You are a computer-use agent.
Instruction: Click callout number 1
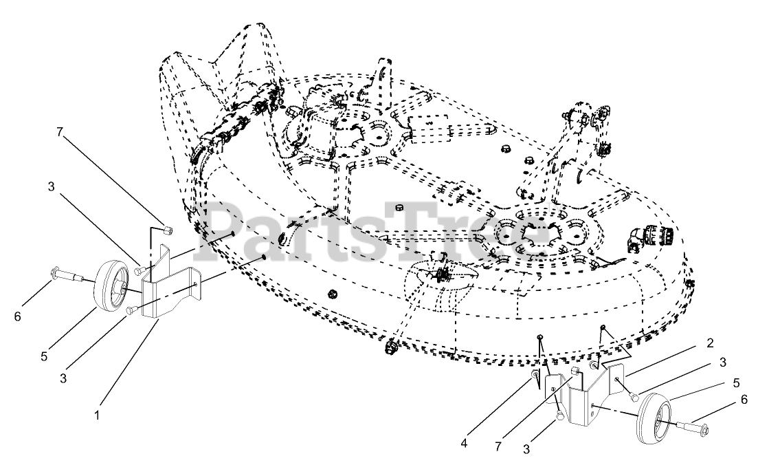(x=97, y=415)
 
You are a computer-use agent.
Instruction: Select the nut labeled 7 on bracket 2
(x=576, y=374)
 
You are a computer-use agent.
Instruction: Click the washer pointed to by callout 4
(x=533, y=375)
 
